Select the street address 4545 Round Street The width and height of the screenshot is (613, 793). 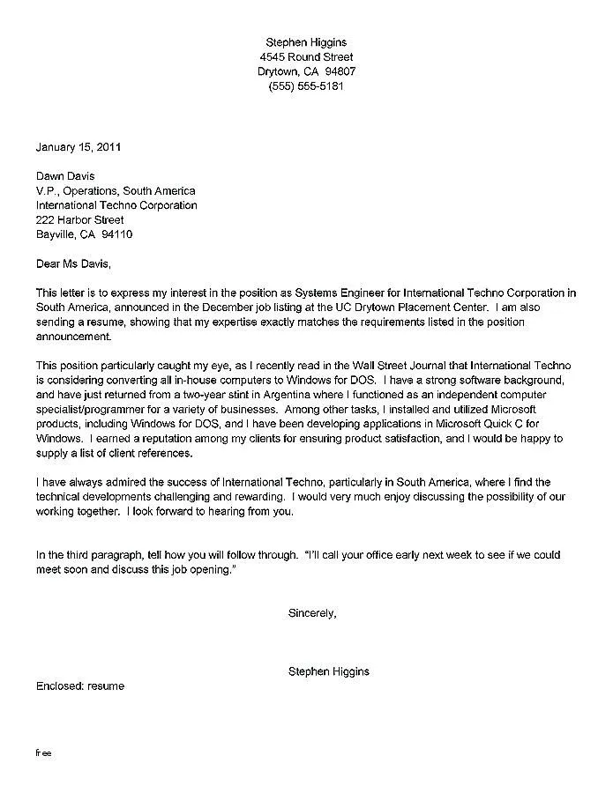pos(306,57)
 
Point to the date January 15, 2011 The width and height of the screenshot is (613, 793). pos(78,146)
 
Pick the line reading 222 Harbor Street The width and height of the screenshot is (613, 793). pos(79,220)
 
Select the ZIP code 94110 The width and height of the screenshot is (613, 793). pos(117,235)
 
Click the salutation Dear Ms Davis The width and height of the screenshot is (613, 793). pos(74,263)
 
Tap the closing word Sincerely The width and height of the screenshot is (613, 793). pos(312,612)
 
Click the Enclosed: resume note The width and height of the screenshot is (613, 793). pos(80,686)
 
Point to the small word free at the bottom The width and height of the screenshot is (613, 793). pos(44,754)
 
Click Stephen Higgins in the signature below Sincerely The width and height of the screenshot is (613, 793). pos(329,671)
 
